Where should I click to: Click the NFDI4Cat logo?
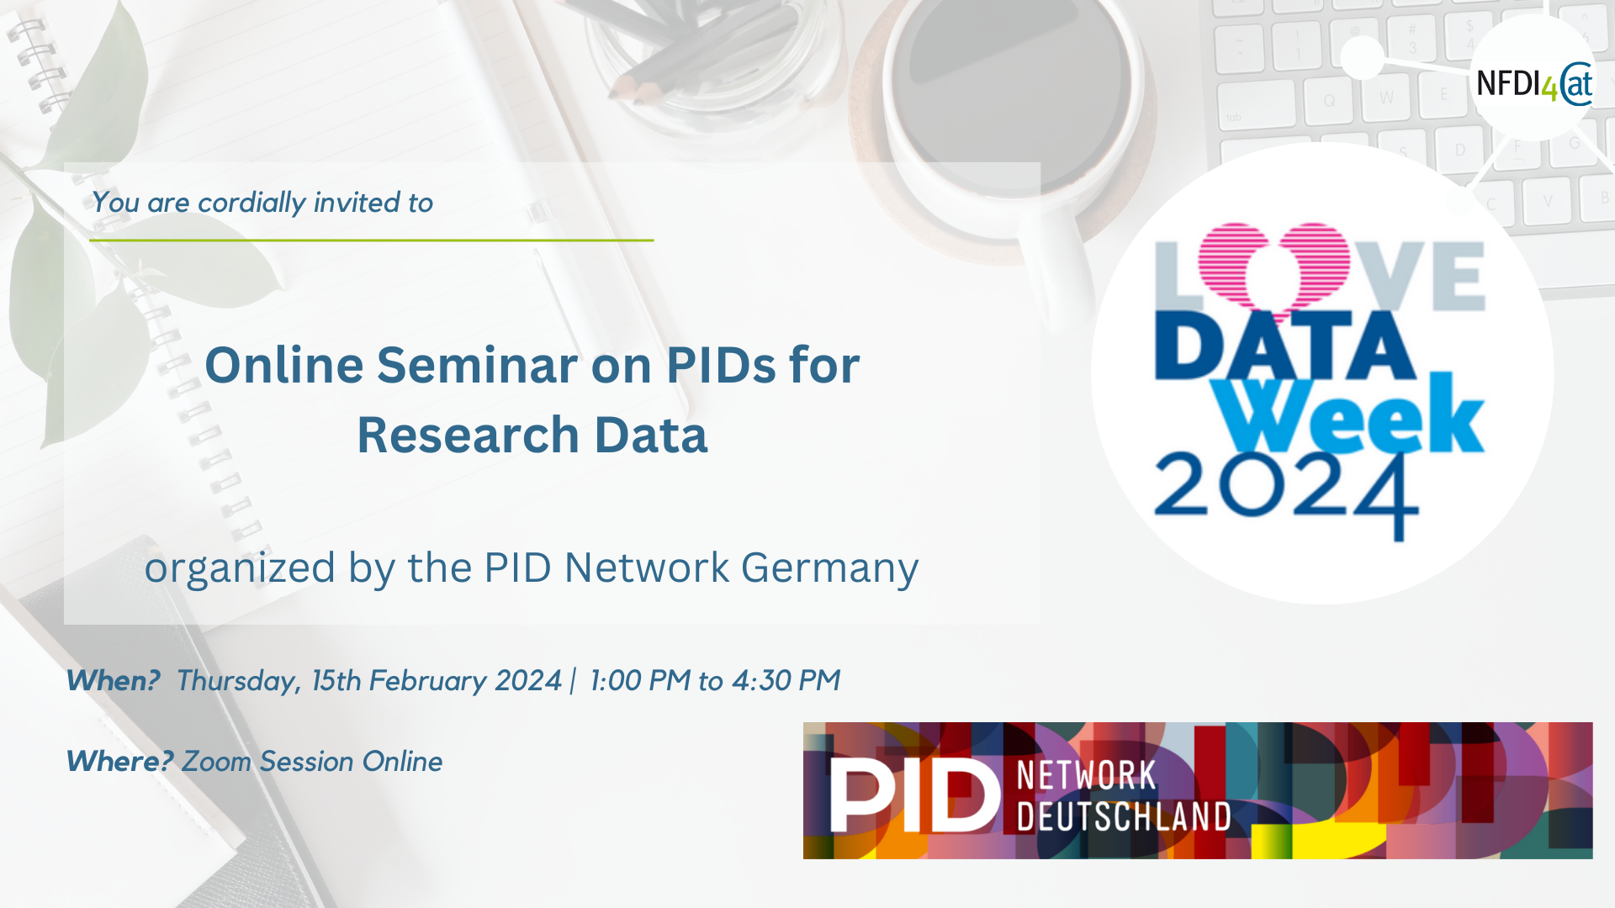[x=1534, y=83]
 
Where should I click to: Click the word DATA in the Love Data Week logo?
[x=1285, y=346]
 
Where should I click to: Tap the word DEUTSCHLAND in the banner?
[x=1124, y=816]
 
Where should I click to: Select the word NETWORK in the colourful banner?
[x=1087, y=775]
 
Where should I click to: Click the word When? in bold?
[x=113, y=680]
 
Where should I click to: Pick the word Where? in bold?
[x=119, y=761]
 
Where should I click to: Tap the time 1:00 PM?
[x=640, y=680]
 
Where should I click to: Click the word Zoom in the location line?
[x=217, y=761]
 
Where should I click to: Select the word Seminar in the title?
[x=477, y=365]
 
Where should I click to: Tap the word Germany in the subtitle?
[x=830, y=569]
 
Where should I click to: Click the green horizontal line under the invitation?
[x=372, y=240]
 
